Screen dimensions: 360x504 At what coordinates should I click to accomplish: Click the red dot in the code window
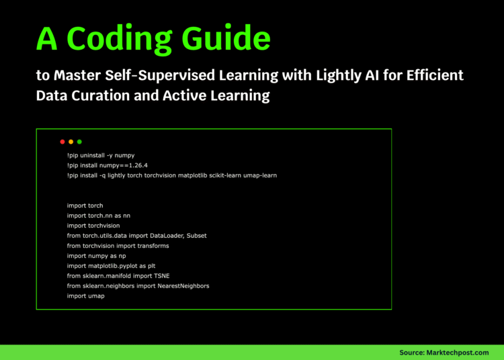click(62, 142)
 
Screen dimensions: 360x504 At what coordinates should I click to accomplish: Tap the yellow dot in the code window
click(71, 142)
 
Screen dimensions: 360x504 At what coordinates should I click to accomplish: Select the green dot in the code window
click(79, 142)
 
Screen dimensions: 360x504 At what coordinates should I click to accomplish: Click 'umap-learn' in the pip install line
click(259, 175)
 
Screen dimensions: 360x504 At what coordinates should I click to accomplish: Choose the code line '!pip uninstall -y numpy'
click(101, 155)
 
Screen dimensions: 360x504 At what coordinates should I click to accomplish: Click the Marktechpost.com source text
click(462, 352)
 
